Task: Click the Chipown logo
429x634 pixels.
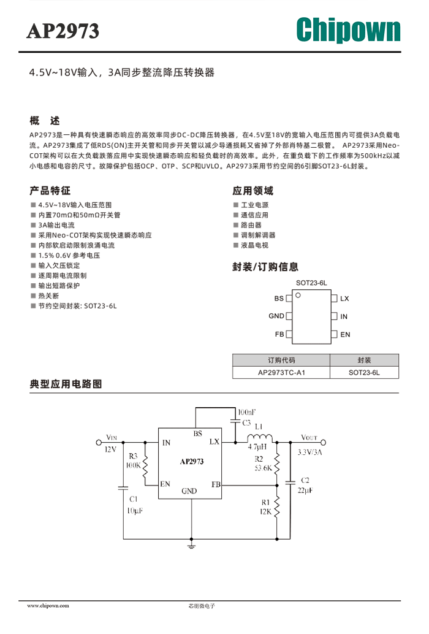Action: (x=348, y=30)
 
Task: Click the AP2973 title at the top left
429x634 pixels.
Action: (x=63, y=31)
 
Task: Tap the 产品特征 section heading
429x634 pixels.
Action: (x=50, y=191)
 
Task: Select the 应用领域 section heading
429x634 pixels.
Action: (x=253, y=191)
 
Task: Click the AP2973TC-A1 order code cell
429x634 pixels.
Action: (x=281, y=372)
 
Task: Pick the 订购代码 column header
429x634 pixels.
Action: (x=281, y=360)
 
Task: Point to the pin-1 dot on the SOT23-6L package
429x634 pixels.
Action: (x=298, y=295)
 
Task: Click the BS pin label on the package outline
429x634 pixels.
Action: (x=279, y=299)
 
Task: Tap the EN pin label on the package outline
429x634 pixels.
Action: (x=345, y=334)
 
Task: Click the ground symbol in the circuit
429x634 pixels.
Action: (x=191, y=546)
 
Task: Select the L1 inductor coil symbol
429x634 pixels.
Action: (x=260, y=438)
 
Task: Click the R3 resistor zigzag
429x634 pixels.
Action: (x=145, y=468)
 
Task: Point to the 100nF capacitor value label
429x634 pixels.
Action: (x=246, y=413)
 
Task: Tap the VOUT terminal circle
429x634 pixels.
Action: (x=323, y=443)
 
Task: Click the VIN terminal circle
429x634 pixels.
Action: (x=99, y=443)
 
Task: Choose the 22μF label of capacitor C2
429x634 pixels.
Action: (x=305, y=491)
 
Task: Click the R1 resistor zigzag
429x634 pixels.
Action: (x=277, y=508)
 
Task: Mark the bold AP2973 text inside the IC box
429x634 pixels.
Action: (x=192, y=461)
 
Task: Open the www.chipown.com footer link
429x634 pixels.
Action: (x=48, y=606)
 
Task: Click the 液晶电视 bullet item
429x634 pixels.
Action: (x=254, y=245)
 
